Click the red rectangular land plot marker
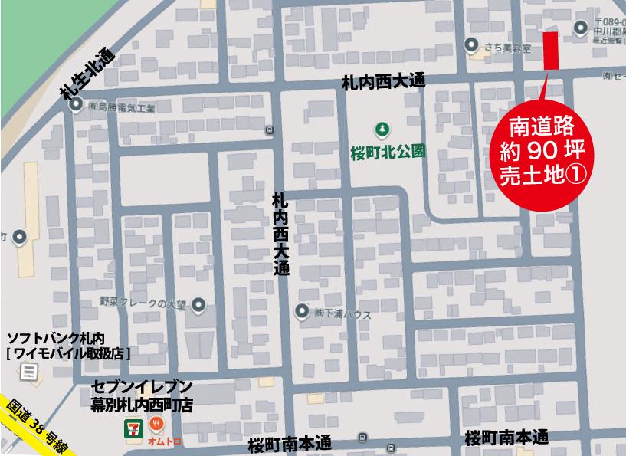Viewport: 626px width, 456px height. point(550,51)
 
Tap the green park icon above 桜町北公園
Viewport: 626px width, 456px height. point(382,130)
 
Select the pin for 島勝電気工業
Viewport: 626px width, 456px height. point(77,107)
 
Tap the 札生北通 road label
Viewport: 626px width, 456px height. point(86,76)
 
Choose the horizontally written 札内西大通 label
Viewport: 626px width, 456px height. point(382,83)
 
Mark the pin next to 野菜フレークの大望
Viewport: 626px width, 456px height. point(198,305)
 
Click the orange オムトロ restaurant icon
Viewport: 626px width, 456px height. point(156,423)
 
